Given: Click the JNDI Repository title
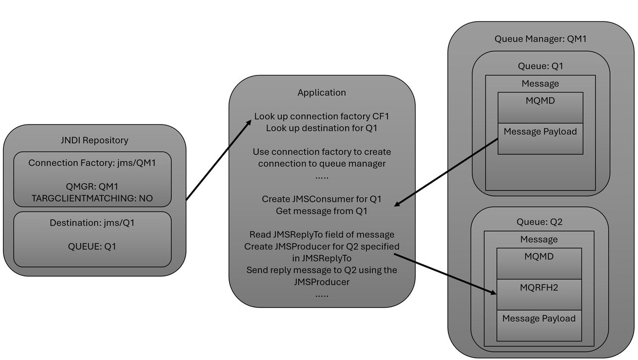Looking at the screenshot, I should tap(94, 140).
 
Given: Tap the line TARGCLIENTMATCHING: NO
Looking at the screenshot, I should tap(93, 197).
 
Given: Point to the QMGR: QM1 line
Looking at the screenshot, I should tap(93, 186).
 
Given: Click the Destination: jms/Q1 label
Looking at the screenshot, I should tap(93, 223).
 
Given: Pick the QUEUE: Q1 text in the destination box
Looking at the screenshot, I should tap(93, 246).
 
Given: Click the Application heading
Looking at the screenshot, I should tap(322, 93).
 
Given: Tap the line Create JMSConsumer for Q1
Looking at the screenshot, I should tap(322, 200).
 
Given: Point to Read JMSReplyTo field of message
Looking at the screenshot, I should tap(322, 235).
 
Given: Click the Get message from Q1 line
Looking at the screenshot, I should tap(322, 211).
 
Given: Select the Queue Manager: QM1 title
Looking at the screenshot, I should tap(540, 39).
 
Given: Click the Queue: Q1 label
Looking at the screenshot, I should tap(540, 66).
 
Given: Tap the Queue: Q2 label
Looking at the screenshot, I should tap(540, 222).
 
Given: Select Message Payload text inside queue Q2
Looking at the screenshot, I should tap(539, 318).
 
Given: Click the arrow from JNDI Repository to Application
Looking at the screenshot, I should tap(218, 161).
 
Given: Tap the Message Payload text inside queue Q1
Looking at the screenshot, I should tap(540, 131).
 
